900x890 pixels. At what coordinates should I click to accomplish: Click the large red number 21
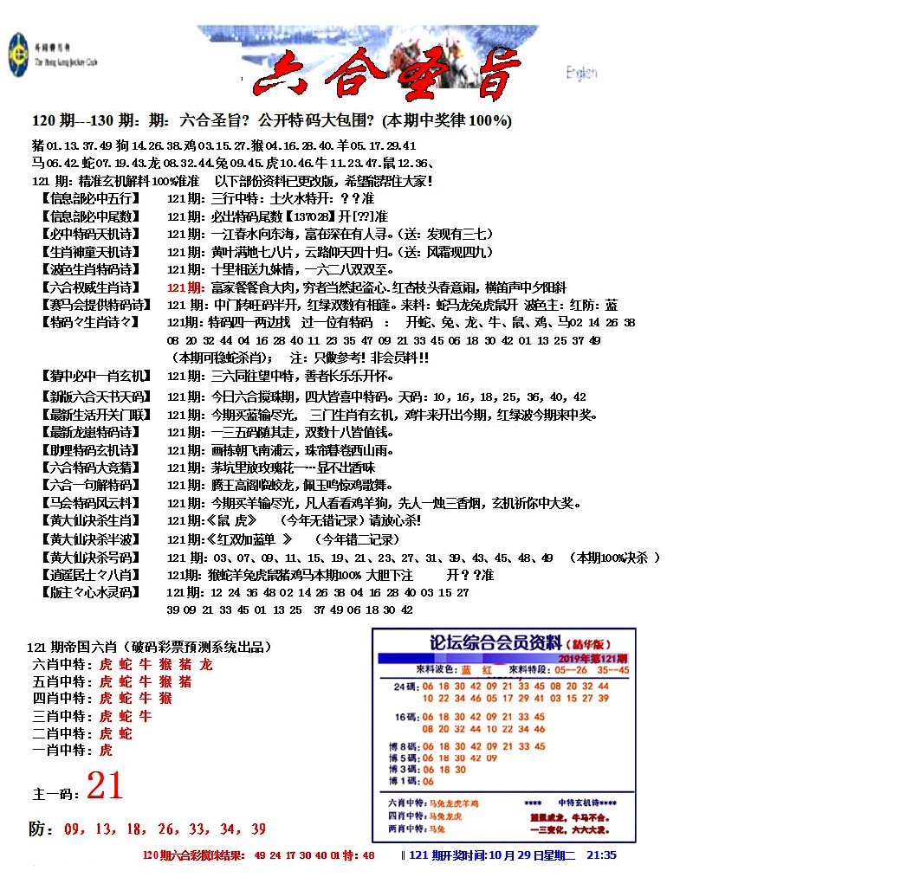[105, 785]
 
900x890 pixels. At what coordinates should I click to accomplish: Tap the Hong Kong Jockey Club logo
[17, 55]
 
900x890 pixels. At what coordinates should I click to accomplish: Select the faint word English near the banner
[581, 73]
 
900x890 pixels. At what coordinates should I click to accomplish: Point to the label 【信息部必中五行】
[88, 198]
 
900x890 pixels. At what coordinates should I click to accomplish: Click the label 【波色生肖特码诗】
[88, 269]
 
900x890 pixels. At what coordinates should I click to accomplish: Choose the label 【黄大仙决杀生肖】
[88, 520]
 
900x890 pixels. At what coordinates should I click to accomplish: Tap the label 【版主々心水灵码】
[88, 593]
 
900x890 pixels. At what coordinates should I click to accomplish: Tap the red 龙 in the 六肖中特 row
[205, 665]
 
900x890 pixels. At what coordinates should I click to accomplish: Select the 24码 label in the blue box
[406, 687]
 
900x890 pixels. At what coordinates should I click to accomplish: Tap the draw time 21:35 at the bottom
[601, 855]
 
